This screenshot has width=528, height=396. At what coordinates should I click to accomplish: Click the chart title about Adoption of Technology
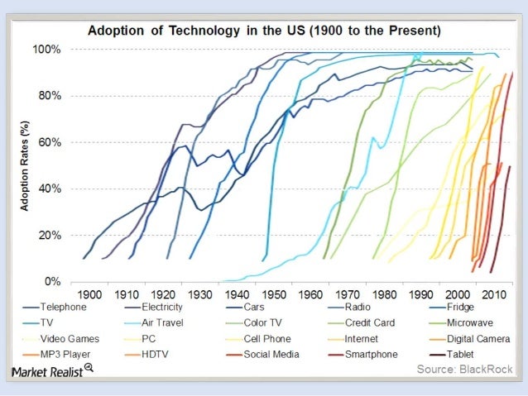265,31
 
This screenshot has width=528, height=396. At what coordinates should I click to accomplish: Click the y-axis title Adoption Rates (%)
25,165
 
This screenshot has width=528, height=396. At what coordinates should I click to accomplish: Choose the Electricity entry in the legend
169,307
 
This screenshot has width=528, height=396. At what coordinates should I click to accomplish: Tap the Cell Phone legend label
268,339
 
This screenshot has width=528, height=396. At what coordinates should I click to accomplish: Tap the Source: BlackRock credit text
463,370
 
